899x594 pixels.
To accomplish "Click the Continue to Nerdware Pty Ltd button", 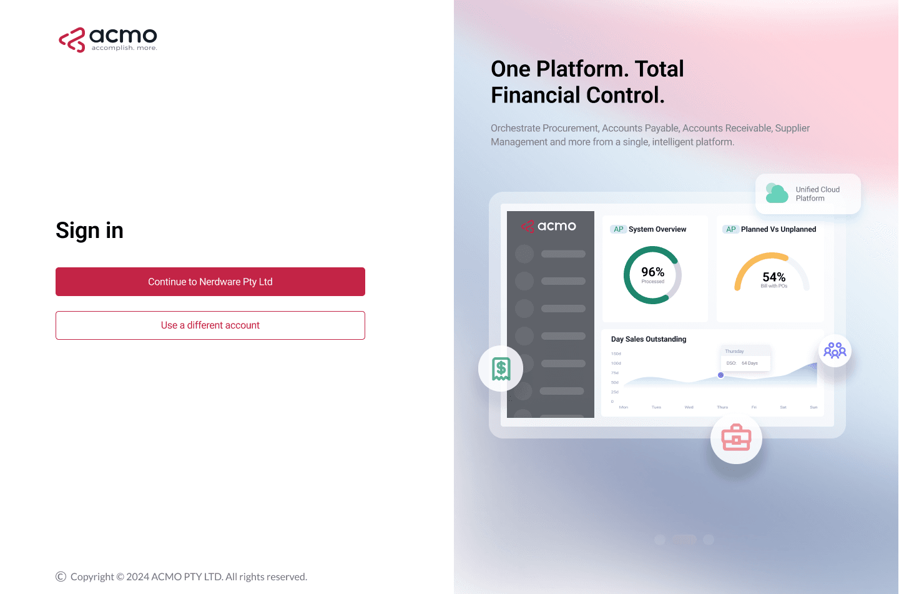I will (x=210, y=282).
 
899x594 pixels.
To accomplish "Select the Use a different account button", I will (x=210, y=325).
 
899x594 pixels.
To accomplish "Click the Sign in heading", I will (x=89, y=230).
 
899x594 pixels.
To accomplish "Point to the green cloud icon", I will (x=777, y=194).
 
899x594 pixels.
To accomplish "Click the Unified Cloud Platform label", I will (x=817, y=194).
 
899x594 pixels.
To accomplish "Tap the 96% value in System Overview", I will (x=652, y=272).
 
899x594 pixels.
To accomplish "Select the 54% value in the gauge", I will (x=774, y=277).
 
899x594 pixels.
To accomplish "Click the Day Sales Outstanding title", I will (x=648, y=339).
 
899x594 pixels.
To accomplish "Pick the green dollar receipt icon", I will (x=501, y=369).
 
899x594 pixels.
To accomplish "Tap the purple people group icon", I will (x=835, y=350).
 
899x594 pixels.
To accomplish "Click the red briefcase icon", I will (x=736, y=437).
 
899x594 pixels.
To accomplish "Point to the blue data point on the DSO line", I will (x=720, y=375).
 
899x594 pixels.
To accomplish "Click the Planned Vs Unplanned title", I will (x=778, y=229).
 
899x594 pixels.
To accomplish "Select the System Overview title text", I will (x=657, y=229).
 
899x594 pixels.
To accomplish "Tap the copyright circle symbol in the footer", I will (x=61, y=577).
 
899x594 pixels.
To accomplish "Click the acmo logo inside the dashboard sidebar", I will (x=549, y=226).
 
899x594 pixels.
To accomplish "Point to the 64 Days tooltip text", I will (x=749, y=363).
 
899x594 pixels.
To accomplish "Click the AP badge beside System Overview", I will (x=618, y=229).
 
